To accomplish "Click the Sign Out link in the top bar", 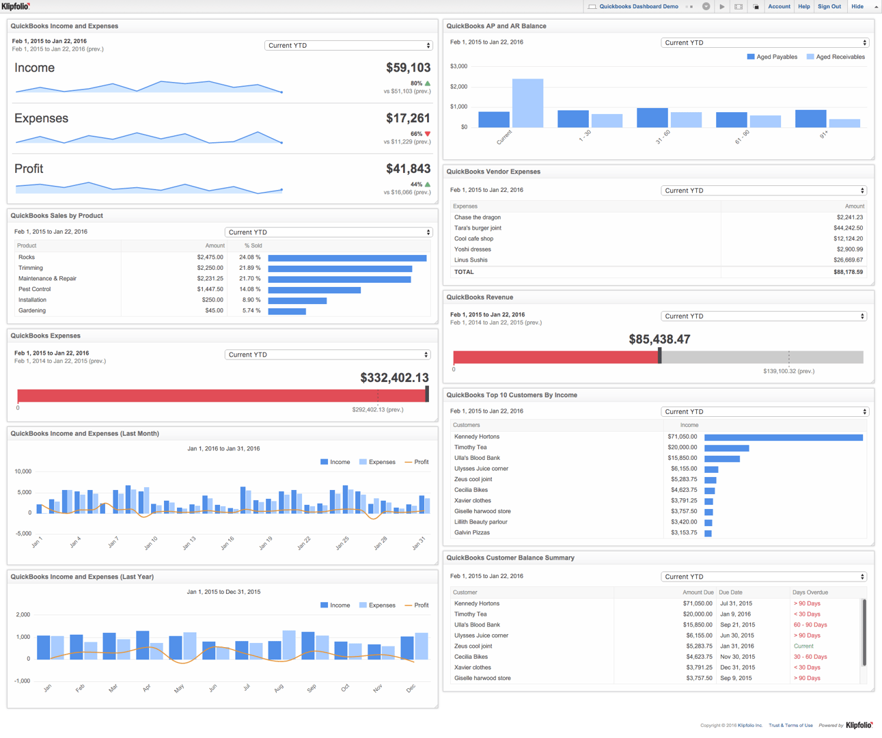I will point(829,6).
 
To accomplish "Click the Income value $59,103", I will point(408,68).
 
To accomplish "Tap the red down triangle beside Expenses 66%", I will point(428,134).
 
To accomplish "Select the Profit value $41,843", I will point(408,169).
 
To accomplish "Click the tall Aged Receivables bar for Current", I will point(527,103).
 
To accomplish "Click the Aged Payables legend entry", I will point(772,57).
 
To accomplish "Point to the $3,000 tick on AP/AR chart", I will point(458,66).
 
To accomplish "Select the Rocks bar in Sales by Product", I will point(347,258).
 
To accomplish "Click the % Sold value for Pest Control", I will point(250,289).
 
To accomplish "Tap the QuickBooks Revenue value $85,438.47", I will point(659,340).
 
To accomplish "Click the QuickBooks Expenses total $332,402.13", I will point(394,378).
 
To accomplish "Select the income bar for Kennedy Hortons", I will point(783,437).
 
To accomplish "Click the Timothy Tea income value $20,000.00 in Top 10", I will point(682,448).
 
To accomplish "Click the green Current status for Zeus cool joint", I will point(803,646).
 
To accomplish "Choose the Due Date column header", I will point(730,592).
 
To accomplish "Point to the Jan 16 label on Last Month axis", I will point(228,543).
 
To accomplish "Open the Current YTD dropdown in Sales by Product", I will point(329,232).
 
